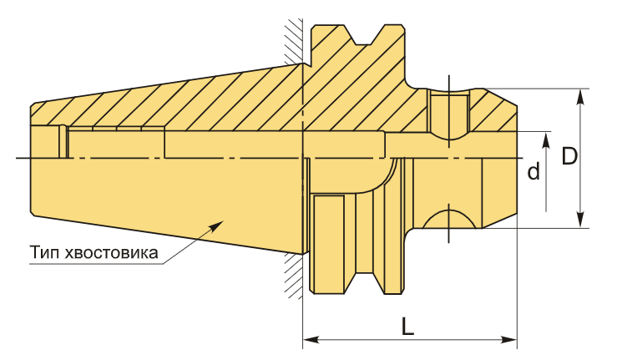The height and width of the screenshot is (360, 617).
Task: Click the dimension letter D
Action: (569, 156)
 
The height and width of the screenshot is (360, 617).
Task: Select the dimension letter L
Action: (408, 326)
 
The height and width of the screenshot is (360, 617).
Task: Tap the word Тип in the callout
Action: (44, 252)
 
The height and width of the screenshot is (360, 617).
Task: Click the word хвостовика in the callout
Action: (111, 253)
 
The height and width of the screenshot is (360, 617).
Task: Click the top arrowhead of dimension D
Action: (581, 97)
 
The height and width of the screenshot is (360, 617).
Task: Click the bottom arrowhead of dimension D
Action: (581, 220)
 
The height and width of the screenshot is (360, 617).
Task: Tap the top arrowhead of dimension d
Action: (546, 139)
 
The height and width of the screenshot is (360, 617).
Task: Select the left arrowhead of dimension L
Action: (311, 339)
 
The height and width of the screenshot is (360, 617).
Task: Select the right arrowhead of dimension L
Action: (508, 339)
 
